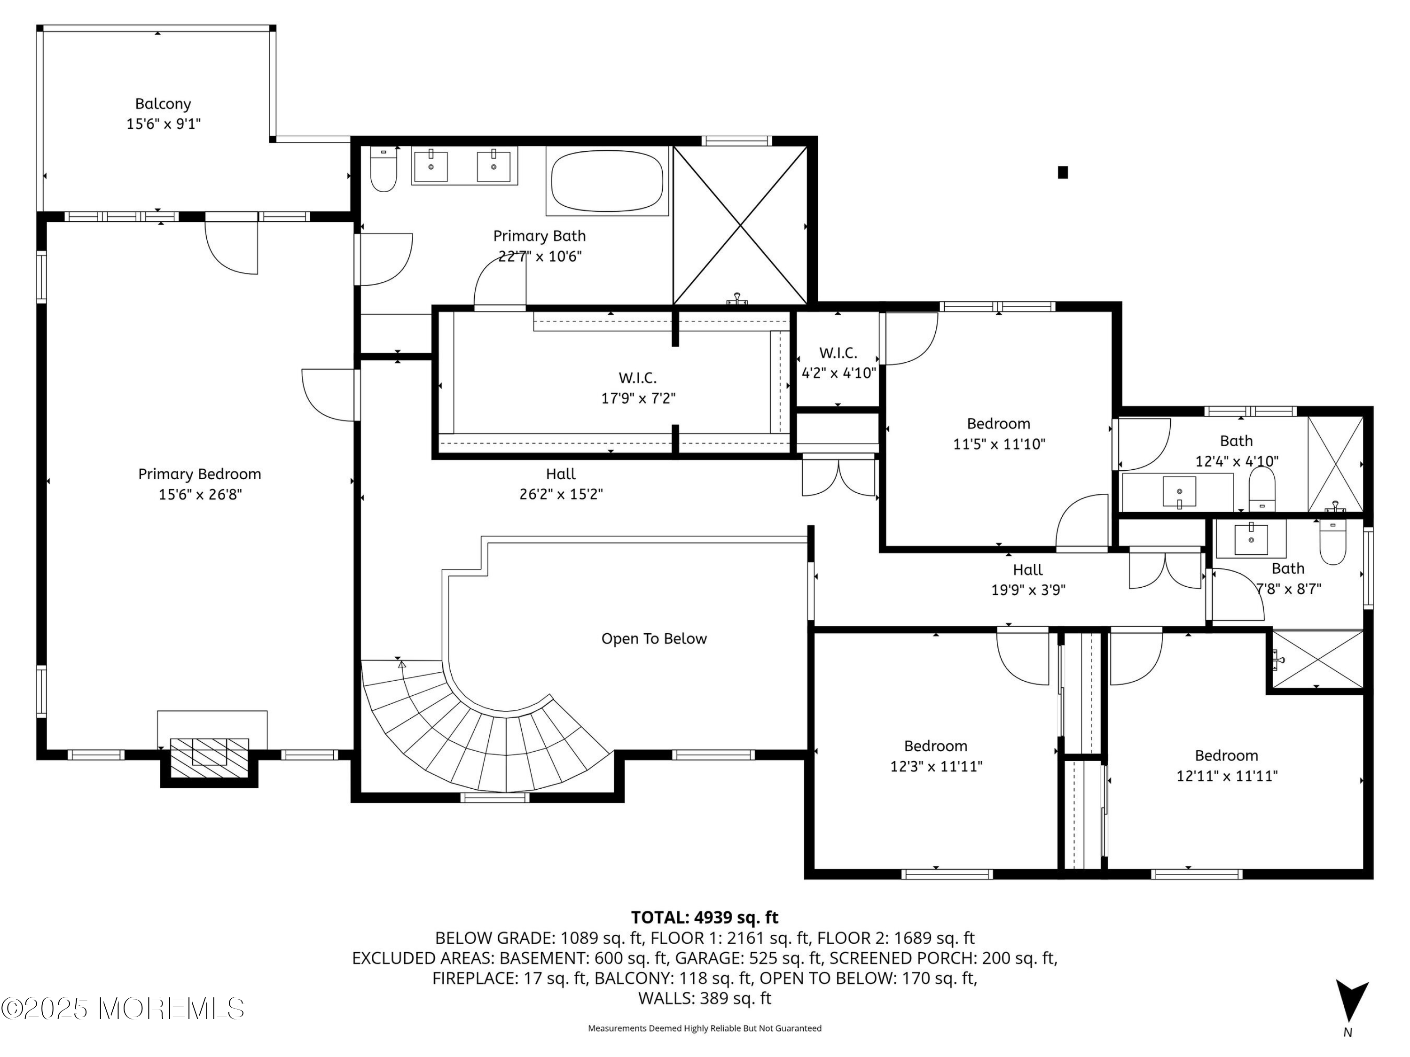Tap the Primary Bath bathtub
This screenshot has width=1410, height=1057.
tap(607, 180)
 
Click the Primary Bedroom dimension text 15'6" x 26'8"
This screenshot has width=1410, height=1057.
tap(200, 494)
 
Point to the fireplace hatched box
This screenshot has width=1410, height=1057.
tap(209, 758)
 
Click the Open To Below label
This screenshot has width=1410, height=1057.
tap(654, 639)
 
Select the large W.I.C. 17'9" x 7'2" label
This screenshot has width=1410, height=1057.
tap(638, 388)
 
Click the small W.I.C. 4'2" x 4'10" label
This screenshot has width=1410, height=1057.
tap(838, 363)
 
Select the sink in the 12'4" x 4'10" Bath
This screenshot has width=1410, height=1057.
tap(1179, 492)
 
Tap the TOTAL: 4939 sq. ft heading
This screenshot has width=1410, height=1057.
tap(705, 917)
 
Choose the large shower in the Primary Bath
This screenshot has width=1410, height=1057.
tap(740, 225)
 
